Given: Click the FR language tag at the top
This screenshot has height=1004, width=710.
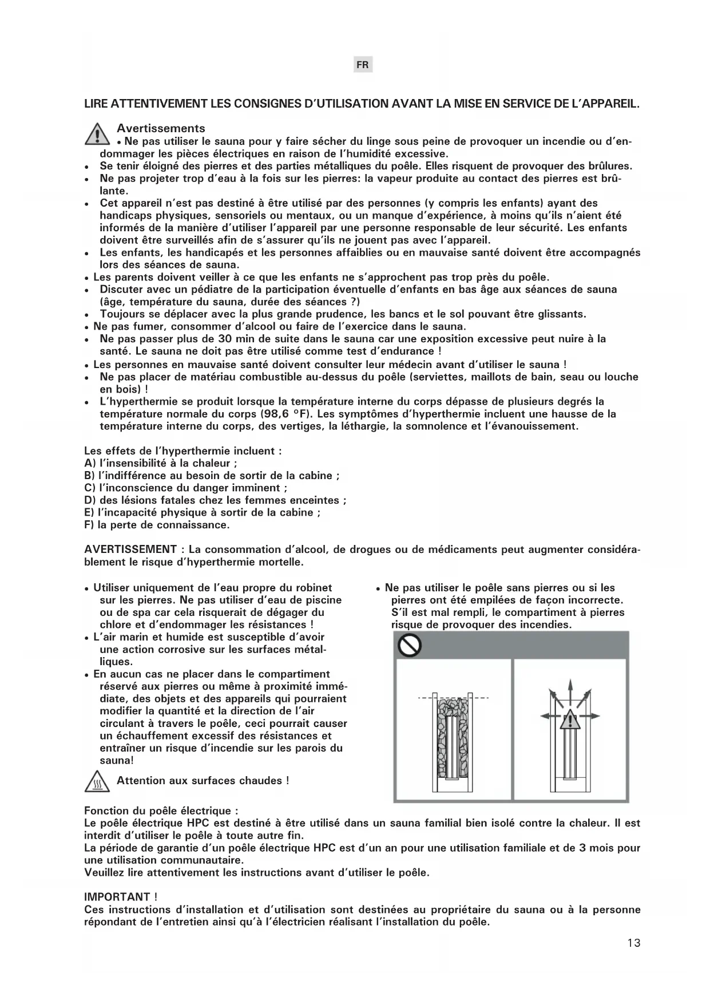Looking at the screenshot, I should pyautogui.click(x=362, y=65).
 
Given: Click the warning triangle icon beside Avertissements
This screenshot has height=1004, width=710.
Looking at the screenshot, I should pyautogui.click(x=97, y=134).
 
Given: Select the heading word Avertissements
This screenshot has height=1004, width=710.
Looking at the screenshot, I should pyautogui.click(x=161, y=128).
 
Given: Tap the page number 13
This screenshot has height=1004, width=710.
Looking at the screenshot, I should pyautogui.click(x=633, y=943).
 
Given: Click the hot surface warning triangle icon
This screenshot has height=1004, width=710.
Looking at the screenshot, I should pyautogui.click(x=97, y=781).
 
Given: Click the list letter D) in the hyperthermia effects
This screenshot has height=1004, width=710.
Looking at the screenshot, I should pyautogui.click(x=90, y=500).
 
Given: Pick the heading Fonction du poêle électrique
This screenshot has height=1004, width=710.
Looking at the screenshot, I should pyautogui.click(x=160, y=811).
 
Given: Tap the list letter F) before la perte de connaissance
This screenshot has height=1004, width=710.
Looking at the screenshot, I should pyautogui.click(x=90, y=525).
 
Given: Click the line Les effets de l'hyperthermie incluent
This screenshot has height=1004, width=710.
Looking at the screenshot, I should pyautogui.click(x=183, y=451).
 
